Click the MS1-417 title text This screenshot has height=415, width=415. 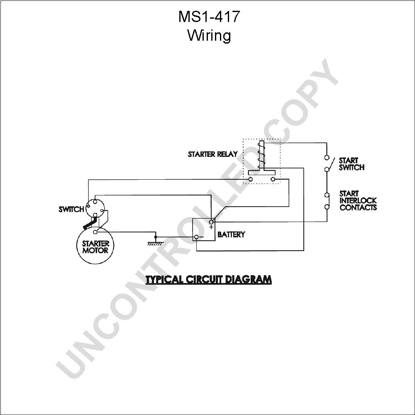click(x=209, y=17)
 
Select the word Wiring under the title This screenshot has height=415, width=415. click(x=209, y=35)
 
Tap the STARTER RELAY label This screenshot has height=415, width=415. click(x=213, y=154)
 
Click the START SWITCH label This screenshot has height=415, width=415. click(x=352, y=164)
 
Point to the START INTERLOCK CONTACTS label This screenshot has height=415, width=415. click(x=358, y=200)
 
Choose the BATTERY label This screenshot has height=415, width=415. click(x=231, y=234)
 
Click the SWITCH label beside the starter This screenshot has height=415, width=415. click(x=71, y=209)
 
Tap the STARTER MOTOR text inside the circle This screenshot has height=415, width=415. click(x=95, y=247)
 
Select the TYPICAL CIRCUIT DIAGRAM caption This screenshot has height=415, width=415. click(x=209, y=279)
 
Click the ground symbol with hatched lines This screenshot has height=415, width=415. click(x=156, y=242)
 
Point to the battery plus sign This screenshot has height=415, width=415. click(x=211, y=227)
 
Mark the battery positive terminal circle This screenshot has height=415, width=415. click(x=212, y=222)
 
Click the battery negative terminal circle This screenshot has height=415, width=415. click(x=196, y=237)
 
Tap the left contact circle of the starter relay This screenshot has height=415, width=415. click(x=251, y=179)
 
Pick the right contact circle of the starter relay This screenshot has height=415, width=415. click(x=273, y=179)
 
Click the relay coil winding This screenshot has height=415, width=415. click(x=261, y=154)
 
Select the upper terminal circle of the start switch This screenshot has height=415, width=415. click(x=327, y=158)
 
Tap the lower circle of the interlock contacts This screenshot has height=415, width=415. click(x=327, y=207)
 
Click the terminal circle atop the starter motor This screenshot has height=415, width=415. click(x=95, y=232)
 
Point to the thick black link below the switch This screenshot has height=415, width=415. click(x=89, y=224)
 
